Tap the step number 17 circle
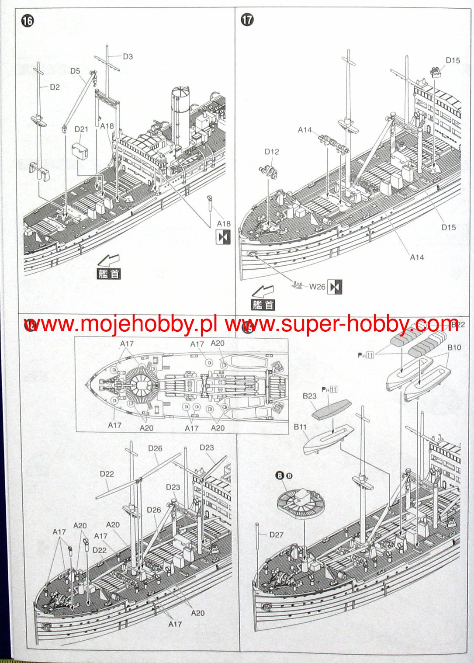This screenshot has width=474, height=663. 247,20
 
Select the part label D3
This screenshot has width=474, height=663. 128,56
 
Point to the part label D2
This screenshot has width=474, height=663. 55,87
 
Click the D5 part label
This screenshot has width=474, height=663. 75,71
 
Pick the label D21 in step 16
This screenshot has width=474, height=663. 81,129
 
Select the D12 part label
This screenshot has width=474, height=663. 271,152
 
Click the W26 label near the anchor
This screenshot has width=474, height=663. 318,287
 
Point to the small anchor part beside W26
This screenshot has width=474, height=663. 299,285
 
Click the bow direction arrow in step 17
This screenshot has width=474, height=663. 263,291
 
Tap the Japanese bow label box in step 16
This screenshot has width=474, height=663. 108,274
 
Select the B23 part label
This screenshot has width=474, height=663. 309,396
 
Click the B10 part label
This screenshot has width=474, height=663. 454,347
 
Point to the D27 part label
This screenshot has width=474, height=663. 276,535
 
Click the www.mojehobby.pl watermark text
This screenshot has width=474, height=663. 121,324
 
